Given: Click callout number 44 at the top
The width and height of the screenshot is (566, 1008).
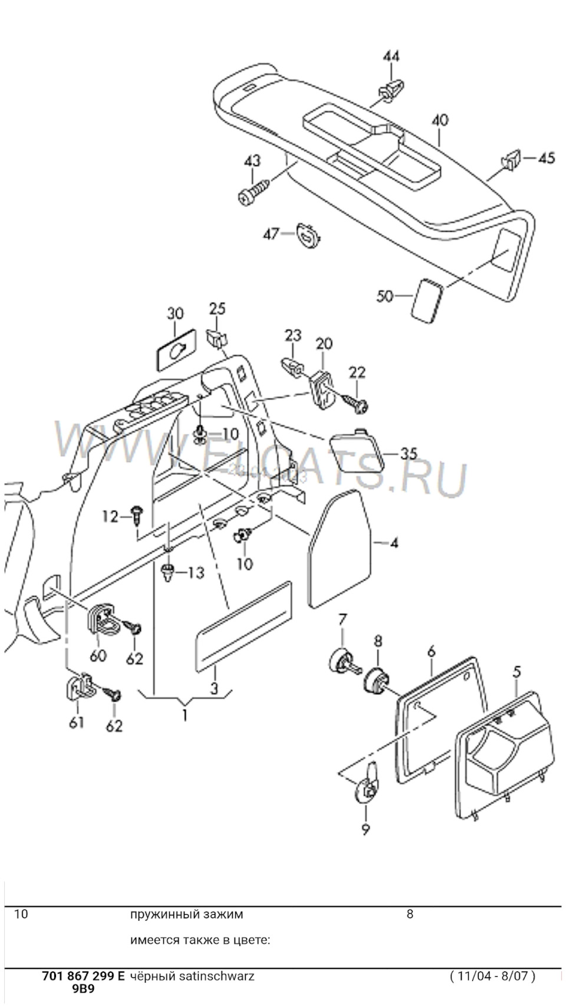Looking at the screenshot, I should pos(391,57).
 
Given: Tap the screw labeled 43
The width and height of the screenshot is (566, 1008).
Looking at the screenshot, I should pos(254,192).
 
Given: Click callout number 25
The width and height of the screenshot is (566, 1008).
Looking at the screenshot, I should pos(217,309).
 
